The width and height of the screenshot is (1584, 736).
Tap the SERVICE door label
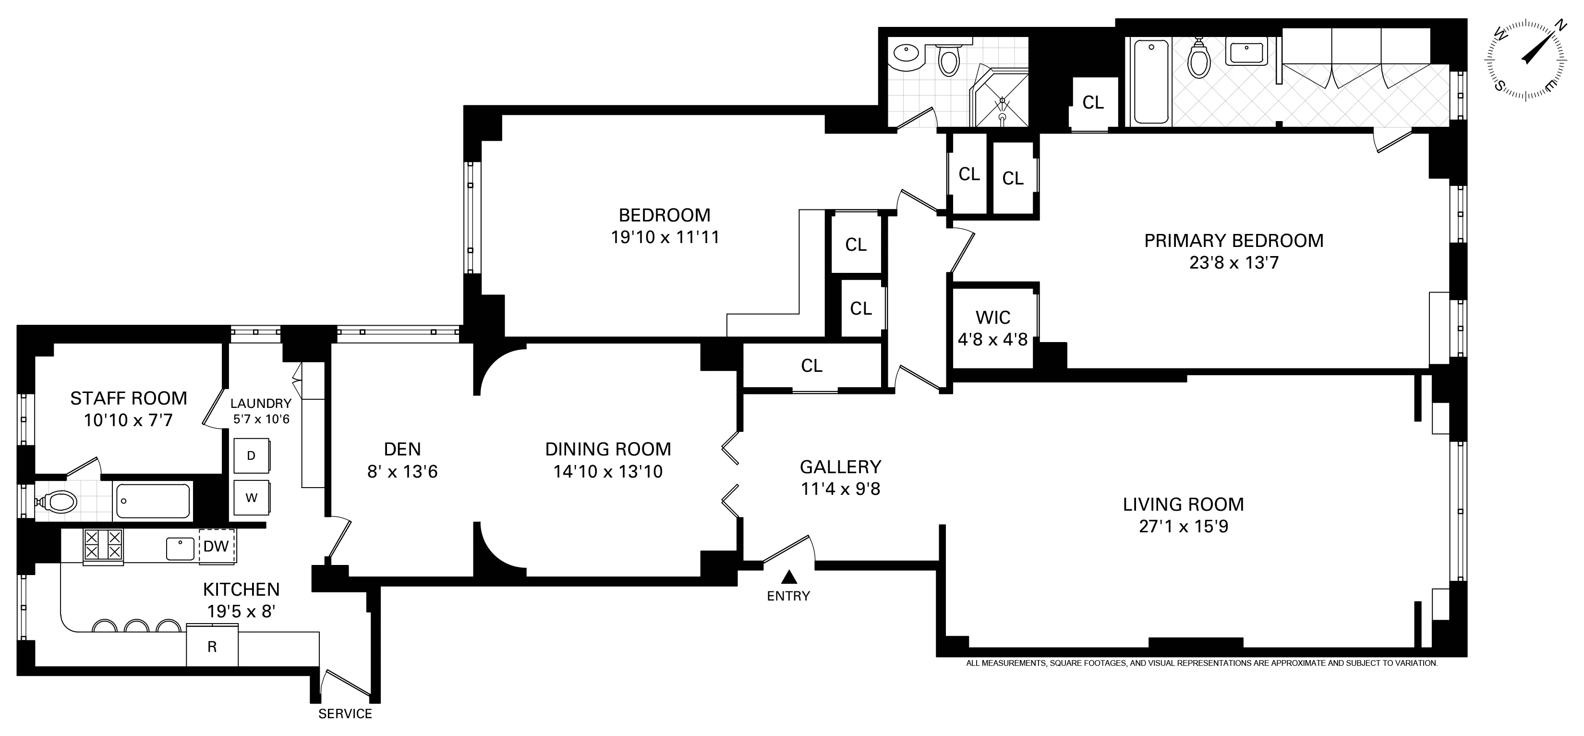click(x=345, y=714)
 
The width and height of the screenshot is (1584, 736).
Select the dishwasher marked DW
click(x=217, y=546)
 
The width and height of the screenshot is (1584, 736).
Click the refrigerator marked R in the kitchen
click(x=212, y=647)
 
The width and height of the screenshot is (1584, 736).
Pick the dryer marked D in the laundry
click(x=251, y=456)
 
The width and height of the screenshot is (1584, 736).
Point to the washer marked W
click(x=251, y=498)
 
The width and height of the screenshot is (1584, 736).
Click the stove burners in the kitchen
click(x=103, y=546)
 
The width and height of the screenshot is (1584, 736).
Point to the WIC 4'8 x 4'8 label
click(x=992, y=328)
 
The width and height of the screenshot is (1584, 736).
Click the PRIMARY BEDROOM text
click(x=1233, y=241)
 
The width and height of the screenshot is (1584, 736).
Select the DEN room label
click(x=402, y=449)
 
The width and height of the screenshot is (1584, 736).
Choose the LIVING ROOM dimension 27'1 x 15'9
click(x=1183, y=527)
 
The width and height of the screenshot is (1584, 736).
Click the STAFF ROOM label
click(x=129, y=398)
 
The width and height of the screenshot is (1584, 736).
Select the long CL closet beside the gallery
click(x=811, y=366)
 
